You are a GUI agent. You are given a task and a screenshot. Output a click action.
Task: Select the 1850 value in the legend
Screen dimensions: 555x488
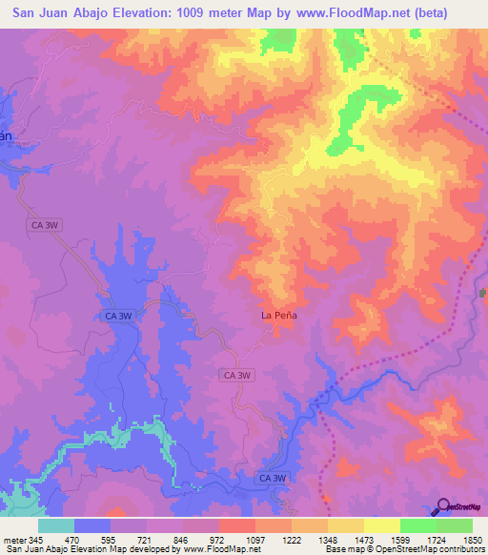tap(472, 539)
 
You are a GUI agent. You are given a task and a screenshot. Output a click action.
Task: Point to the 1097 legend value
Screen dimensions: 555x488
tap(256, 539)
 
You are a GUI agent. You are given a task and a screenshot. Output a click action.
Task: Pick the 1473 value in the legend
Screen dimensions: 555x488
tap(364, 539)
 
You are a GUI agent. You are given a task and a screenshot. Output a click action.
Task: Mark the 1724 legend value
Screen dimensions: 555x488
tap(436, 539)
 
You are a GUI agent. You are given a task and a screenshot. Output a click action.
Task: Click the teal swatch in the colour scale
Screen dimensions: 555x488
tap(56, 525)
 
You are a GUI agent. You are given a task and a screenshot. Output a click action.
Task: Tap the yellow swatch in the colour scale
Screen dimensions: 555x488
tap(382, 525)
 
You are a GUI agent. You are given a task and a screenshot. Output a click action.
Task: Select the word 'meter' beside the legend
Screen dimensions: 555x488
tap(16, 539)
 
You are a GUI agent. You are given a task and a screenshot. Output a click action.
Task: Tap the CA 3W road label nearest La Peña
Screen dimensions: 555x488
tap(236, 376)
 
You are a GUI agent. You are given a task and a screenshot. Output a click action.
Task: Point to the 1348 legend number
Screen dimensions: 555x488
tap(328, 539)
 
